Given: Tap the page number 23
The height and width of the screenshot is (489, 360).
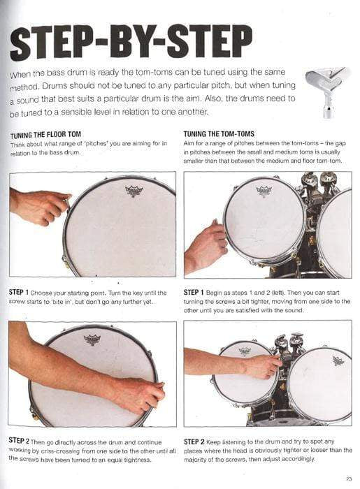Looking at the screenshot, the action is pos(349,479).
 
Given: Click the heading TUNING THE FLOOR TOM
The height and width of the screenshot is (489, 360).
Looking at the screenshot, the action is pos(46,135).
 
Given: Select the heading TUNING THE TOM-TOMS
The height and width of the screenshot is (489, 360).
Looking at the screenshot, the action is pos(219,134).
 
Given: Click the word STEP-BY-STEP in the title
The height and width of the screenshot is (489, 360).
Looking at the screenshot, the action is pos(131,43).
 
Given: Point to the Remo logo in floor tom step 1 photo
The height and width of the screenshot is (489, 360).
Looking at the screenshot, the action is pos(134,191).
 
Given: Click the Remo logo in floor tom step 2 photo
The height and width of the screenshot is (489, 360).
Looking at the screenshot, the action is pos(92,340).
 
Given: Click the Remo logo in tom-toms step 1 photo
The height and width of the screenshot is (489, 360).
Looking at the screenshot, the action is pos(264,191).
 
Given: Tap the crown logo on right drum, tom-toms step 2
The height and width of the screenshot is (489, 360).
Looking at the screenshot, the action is pos(338,361).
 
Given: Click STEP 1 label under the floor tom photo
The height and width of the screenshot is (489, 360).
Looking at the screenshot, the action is pos(19,293).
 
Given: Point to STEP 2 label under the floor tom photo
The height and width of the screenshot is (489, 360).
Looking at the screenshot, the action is pos(19,441).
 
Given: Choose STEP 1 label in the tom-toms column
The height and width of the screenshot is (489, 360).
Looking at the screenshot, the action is pos(194,293).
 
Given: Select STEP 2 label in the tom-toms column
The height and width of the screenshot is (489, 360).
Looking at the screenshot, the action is pos(194,442).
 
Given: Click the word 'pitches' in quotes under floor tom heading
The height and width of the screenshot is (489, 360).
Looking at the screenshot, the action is pos(96,144).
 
